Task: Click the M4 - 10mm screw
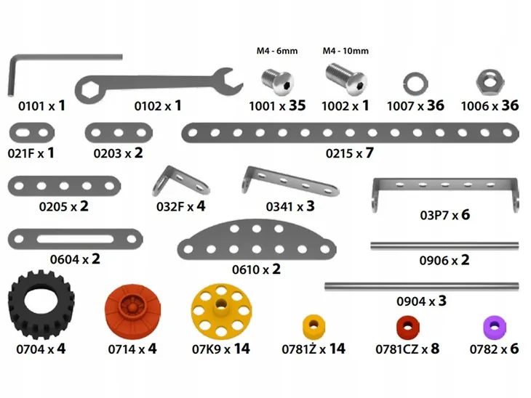pyautogui.click(x=346, y=79)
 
